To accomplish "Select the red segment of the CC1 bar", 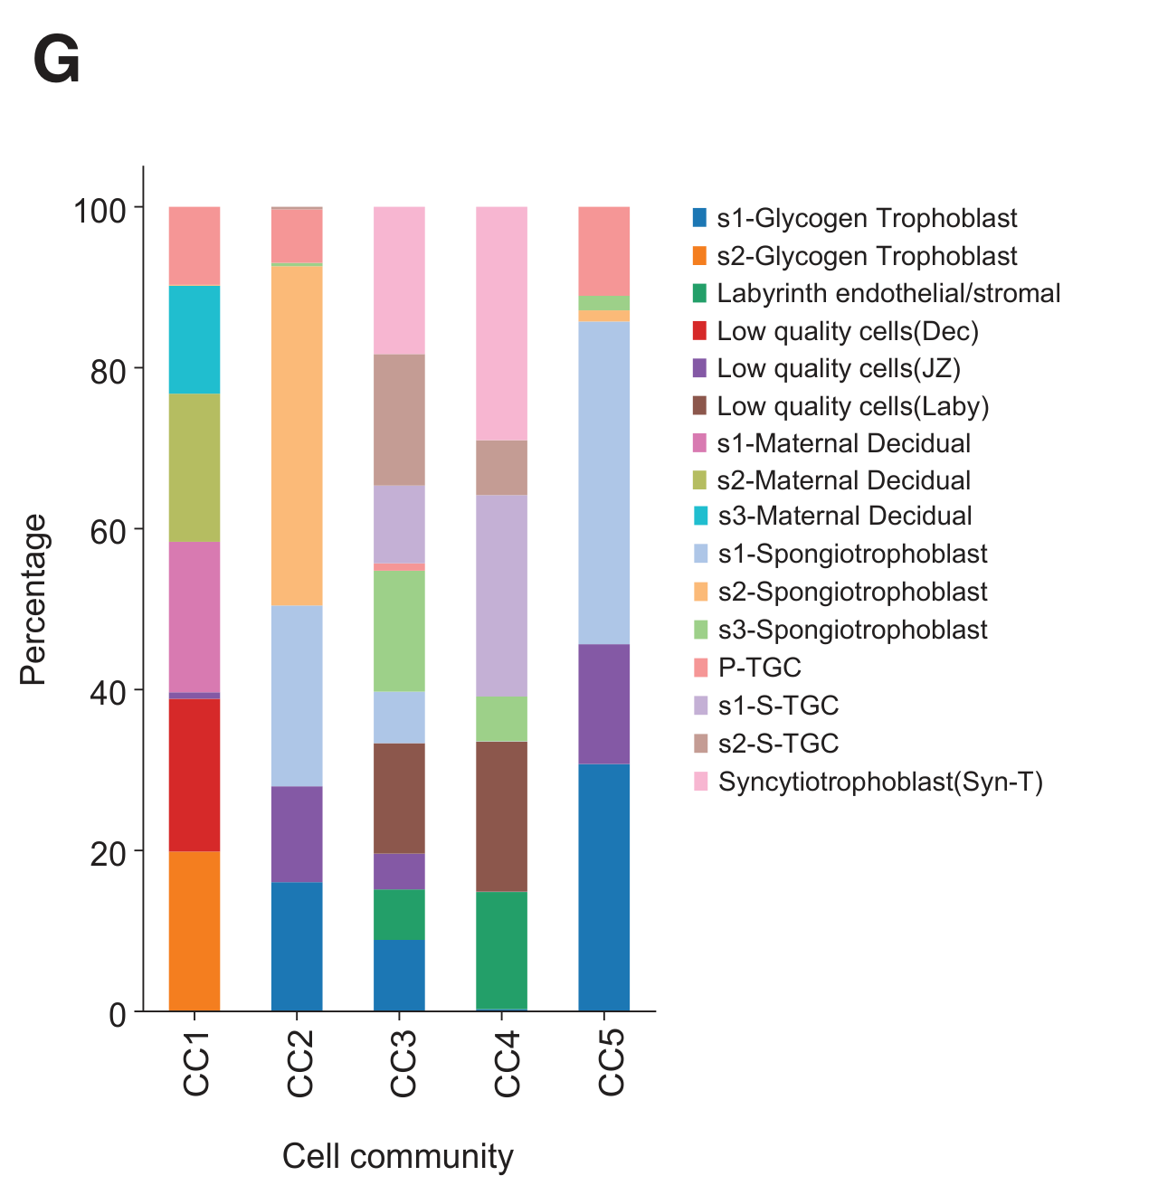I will click(195, 774).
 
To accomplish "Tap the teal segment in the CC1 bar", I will click(195, 339).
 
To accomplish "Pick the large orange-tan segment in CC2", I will click(297, 435).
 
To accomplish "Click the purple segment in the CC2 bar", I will click(297, 833).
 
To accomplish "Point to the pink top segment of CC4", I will click(501, 323).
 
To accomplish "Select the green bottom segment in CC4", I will click(501, 950).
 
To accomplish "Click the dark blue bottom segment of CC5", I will click(603, 887).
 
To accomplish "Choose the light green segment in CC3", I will click(399, 631).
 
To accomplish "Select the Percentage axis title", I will click(33, 599).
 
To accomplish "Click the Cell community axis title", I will click(397, 1156).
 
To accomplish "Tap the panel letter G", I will click(56, 62).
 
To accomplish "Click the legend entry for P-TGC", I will click(758, 668).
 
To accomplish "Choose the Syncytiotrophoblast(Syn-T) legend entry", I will click(879, 782).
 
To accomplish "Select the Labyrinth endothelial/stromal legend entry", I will click(887, 293).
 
